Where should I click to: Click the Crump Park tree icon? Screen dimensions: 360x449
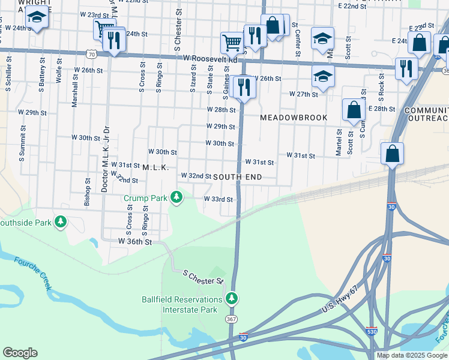click(176, 197)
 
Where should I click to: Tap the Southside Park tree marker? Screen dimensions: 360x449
click(60, 223)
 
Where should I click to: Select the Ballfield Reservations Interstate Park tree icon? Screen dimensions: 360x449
click(232, 299)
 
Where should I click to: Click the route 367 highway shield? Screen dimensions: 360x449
click(232, 319)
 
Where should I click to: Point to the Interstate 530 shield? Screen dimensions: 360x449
click(372, 331)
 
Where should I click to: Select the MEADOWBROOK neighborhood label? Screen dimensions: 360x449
click(294, 118)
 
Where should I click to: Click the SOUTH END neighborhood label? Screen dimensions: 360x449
click(237, 176)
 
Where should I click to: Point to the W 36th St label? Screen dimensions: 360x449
click(135, 241)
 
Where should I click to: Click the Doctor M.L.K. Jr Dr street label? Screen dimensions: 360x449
click(105, 159)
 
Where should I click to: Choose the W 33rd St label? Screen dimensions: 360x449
click(218, 199)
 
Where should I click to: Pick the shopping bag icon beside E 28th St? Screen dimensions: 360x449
click(354, 110)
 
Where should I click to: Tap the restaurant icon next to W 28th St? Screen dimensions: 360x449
click(244, 87)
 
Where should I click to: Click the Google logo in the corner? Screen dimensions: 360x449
click(20, 353)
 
